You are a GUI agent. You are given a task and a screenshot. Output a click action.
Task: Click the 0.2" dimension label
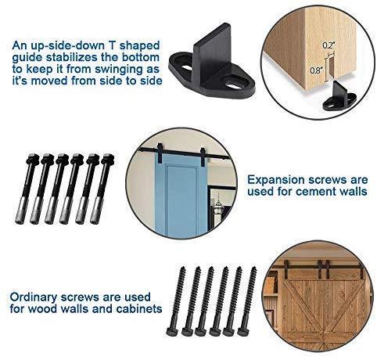pos(329,45)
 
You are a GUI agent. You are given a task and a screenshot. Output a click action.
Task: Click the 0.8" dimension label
pos(316,70)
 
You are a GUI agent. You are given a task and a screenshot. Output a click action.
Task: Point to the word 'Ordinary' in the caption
pos(34,297)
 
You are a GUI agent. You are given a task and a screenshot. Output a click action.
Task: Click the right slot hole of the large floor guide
pos(235,85)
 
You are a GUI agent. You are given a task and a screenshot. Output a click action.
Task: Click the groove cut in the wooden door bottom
pos(331,68)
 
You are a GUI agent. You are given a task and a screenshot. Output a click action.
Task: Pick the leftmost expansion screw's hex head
pos(33,159)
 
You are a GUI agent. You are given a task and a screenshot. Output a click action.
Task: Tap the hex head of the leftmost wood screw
pos(172,331)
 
